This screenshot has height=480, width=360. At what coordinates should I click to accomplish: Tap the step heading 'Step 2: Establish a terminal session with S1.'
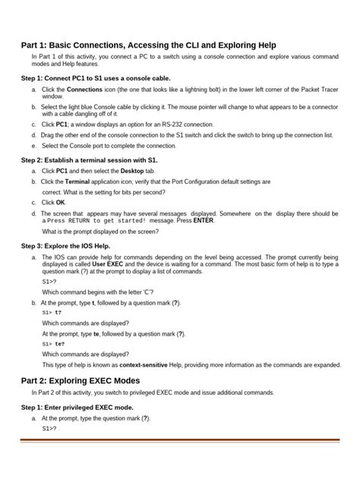[90, 160]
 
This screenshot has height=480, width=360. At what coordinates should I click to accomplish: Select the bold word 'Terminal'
[77, 182]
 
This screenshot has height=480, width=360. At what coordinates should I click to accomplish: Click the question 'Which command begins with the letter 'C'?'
[99, 292]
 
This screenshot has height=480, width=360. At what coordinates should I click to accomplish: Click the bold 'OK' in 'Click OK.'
[61, 203]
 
